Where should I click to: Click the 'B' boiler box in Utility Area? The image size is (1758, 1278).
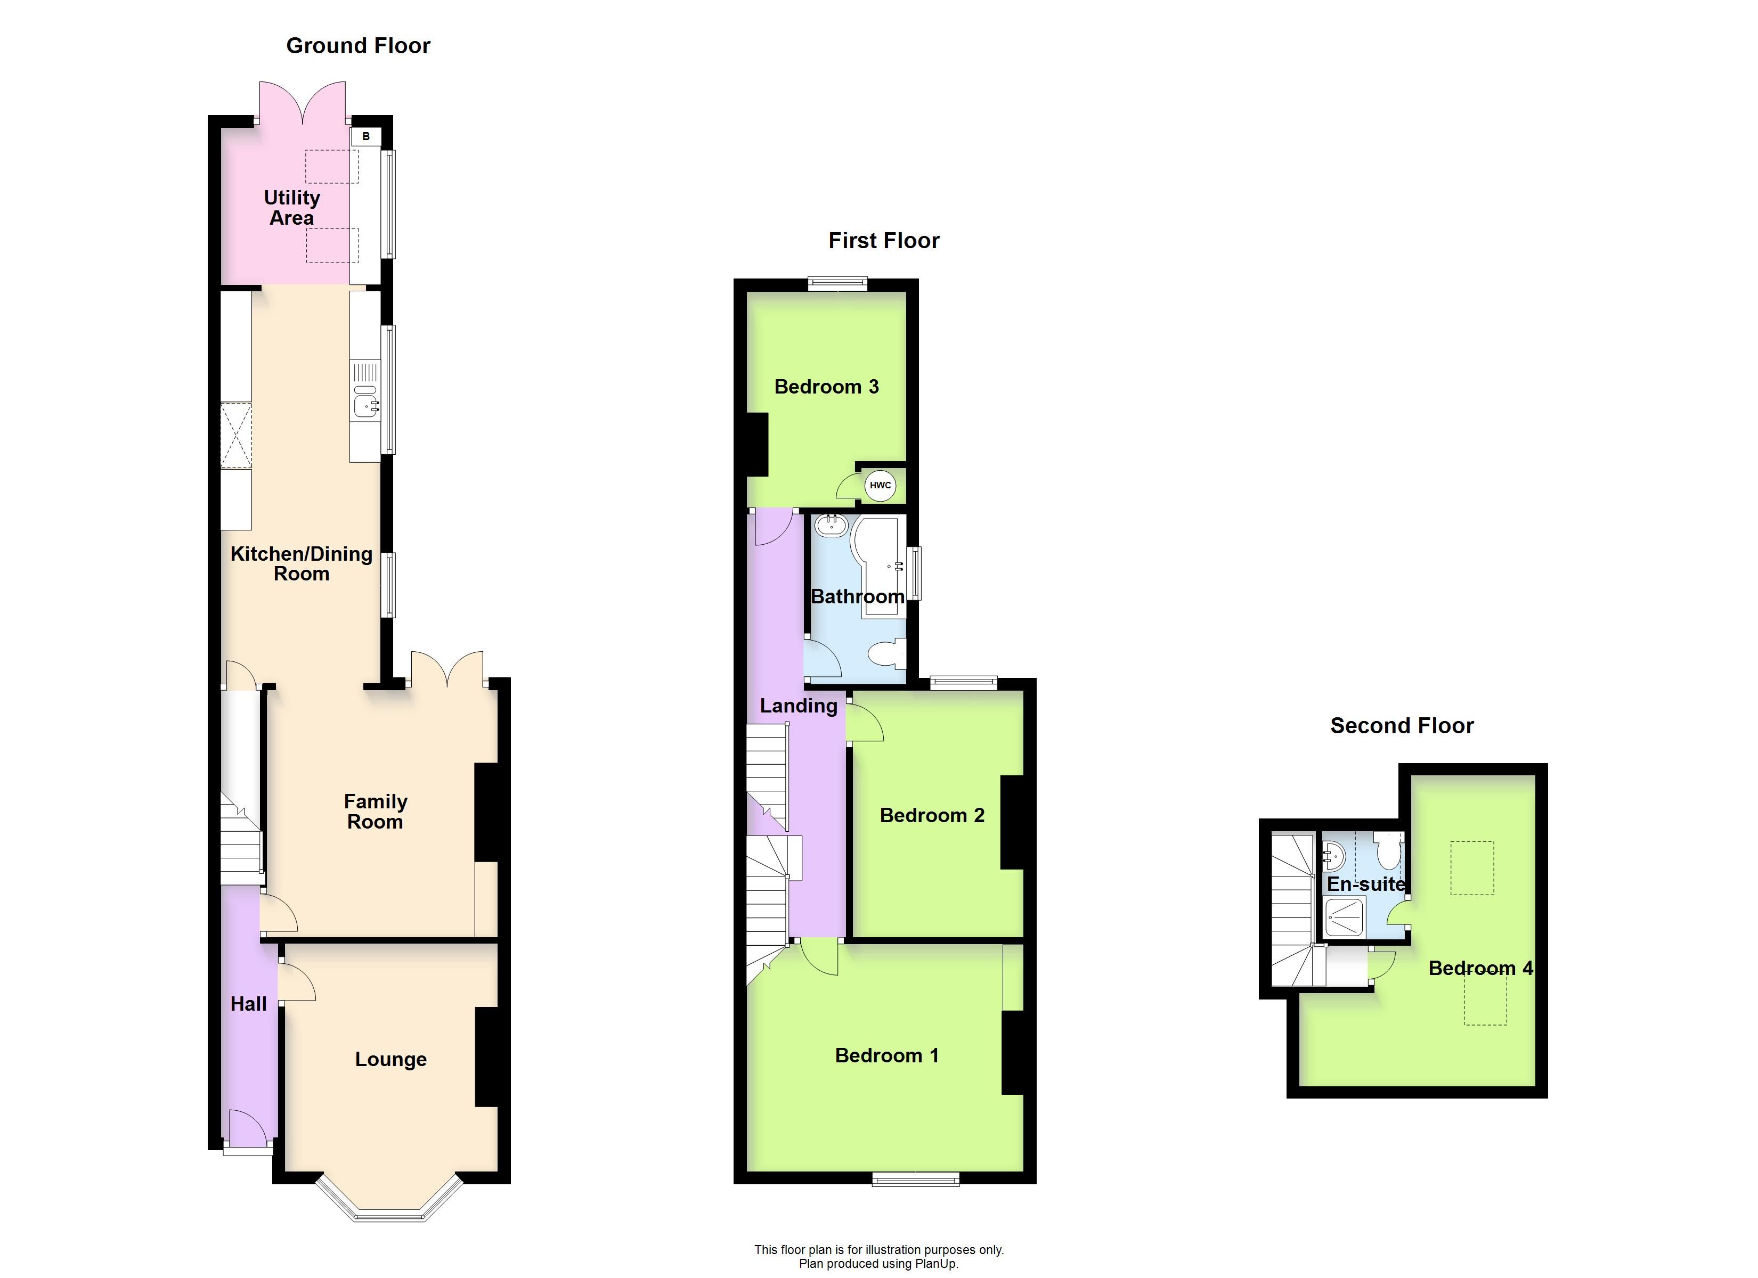click(x=366, y=136)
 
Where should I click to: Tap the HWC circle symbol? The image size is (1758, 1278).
click(x=880, y=485)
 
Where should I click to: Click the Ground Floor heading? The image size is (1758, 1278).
click(x=358, y=46)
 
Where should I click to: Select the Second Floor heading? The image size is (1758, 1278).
click(x=1402, y=725)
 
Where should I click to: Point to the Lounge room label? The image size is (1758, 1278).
click(x=390, y=1060)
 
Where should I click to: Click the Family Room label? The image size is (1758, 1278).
click(x=375, y=812)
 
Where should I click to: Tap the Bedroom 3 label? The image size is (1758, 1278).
click(x=826, y=387)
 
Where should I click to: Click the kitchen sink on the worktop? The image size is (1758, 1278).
click(x=365, y=403)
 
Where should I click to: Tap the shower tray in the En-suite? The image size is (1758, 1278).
click(x=1345, y=917)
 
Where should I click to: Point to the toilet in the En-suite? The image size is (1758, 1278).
click(x=1388, y=851)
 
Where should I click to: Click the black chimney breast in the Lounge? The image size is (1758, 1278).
click(x=487, y=1056)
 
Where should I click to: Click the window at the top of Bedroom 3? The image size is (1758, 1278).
click(x=838, y=284)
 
